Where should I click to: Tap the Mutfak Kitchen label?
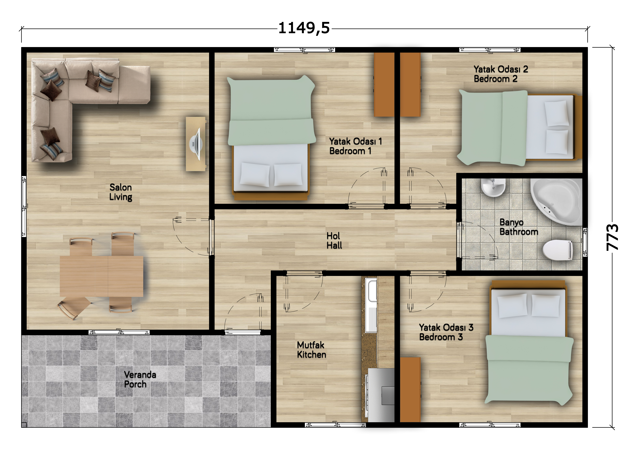coord(311,350)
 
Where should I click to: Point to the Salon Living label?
coord(121,192)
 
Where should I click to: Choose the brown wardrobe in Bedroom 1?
coord(384,85)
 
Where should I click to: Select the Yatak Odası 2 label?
coord(501,69)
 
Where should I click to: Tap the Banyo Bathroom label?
coord(519,227)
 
